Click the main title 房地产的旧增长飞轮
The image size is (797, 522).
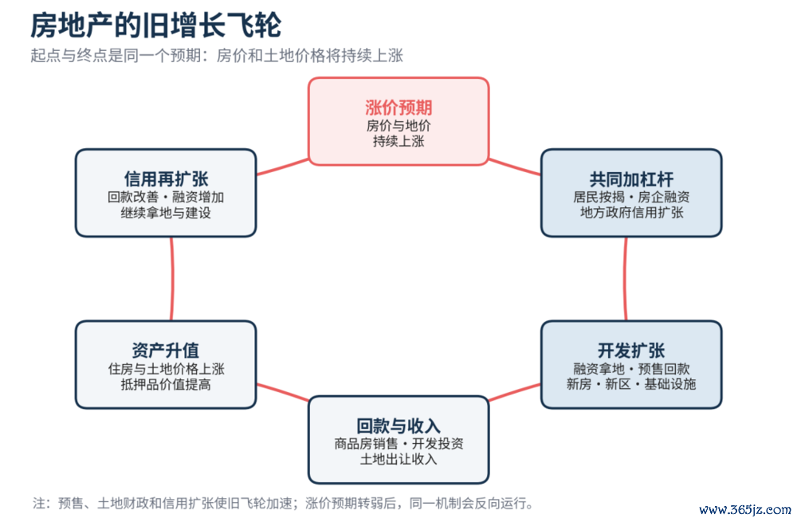[x=155, y=26]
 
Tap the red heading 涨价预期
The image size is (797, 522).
[x=398, y=108]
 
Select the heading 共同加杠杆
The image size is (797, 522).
[x=631, y=179]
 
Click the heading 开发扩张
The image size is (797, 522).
[x=631, y=351]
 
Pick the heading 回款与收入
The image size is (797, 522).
[x=398, y=426]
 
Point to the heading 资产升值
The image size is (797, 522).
[x=166, y=351]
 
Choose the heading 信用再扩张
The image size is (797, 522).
[x=166, y=179]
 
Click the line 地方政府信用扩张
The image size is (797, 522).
[x=631, y=213]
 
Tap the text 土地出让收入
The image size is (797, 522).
[x=398, y=460]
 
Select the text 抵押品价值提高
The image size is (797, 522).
[x=166, y=384]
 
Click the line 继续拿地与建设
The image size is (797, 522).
[x=166, y=213]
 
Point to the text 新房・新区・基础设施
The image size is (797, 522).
[x=631, y=384]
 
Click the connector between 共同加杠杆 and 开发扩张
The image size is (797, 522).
[x=625, y=279]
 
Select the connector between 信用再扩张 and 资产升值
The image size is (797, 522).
[x=172, y=279]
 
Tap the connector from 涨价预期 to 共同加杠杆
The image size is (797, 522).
[x=514, y=167]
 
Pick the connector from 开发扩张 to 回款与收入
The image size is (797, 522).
[x=514, y=392]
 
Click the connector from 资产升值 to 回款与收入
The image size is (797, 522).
[x=283, y=392]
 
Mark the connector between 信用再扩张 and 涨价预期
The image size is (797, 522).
[x=283, y=167]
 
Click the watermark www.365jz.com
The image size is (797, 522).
[x=745, y=509]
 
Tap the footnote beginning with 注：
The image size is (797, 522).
[x=284, y=503]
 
